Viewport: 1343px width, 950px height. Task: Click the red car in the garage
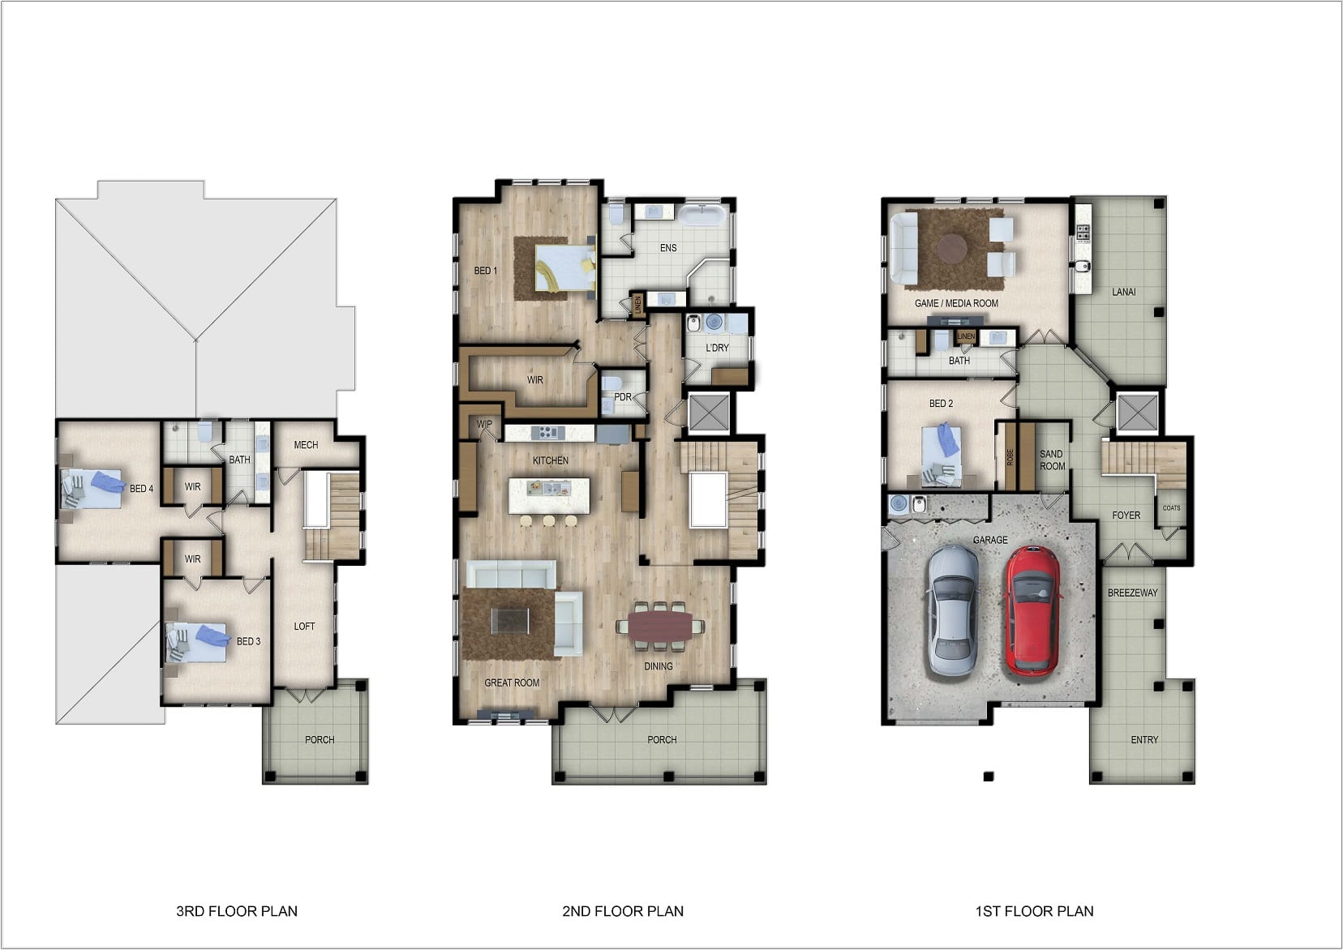[1032, 610]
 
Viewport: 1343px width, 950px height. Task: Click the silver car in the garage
[952, 610]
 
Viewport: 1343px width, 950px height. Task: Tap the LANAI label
[1123, 292]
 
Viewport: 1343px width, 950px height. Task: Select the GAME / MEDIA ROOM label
[956, 303]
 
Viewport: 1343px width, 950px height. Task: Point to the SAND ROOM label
[1052, 460]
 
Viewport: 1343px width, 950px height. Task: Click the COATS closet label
[1171, 508]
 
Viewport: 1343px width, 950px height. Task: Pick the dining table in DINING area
[659, 626]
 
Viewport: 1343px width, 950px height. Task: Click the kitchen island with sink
[549, 494]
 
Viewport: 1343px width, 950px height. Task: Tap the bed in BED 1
[564, 268]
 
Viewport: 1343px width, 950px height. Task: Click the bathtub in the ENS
[702, 215]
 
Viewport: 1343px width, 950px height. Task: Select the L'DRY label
[717, 348]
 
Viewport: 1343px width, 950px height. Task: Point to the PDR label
[622, 397]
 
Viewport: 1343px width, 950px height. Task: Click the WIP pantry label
[484, 424]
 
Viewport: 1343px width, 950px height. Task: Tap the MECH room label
[306, 445]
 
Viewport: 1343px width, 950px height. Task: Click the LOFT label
[304, 627]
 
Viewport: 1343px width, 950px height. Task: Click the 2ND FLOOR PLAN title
[622, 911]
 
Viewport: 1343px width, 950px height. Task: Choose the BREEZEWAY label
[1132, 593]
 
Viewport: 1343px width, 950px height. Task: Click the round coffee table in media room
[953, 247]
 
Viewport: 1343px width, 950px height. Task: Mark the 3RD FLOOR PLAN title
[236, 911]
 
